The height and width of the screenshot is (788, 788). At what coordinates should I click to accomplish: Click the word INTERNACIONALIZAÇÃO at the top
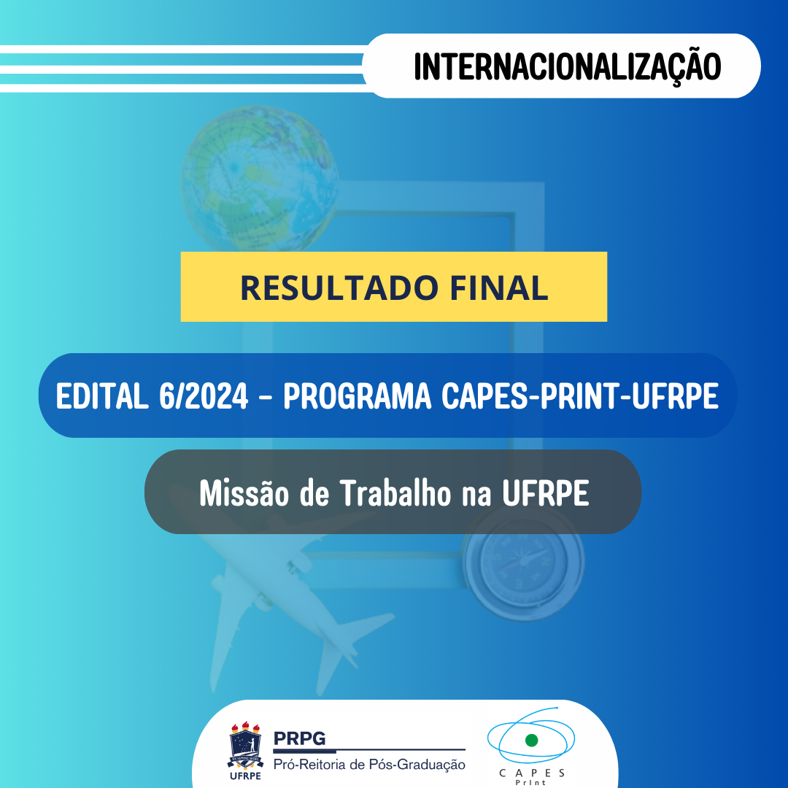click(567, 66)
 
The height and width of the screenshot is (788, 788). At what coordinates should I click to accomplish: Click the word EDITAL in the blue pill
click(101, 396)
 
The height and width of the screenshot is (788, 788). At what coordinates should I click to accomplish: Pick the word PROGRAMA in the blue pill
click(357, 396)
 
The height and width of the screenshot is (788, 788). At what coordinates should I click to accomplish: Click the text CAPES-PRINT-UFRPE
click(581, 396)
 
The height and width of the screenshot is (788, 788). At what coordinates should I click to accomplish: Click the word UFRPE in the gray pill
click(546, 494)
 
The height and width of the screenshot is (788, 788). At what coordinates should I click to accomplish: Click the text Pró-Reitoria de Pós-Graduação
click(368, 765)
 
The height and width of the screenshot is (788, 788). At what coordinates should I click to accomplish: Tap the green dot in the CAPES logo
click(531, 741)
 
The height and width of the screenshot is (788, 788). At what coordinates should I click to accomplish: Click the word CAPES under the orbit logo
click(532, 773)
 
